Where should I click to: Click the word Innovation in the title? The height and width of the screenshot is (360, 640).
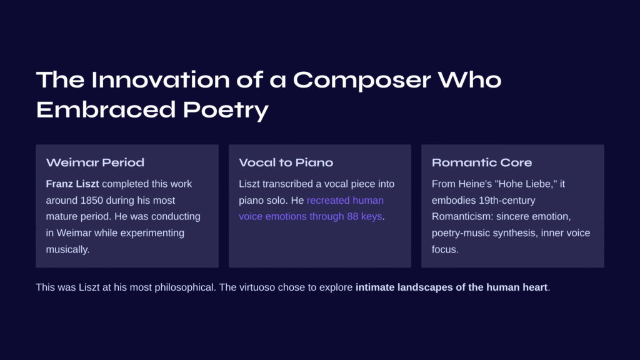(x=161, y=79)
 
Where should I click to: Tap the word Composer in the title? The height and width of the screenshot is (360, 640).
(x=362, y=81)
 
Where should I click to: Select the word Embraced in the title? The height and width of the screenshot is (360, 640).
(x=106, y=109)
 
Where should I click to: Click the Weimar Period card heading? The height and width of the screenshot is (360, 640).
(x=95, y=162)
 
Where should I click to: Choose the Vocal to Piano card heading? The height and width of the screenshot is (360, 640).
(x=286, y=162)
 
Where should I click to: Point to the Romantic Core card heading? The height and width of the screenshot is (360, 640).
(x=482, y=162)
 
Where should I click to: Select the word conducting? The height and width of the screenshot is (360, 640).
(x=176, y=217)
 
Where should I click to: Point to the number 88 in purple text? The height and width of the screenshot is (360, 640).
(x=352, y=217)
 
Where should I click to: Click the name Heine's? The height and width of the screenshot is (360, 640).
(x=475, y=184)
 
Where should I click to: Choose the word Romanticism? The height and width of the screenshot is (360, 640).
(x=462, y=217)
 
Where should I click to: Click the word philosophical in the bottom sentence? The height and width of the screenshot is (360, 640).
(x=184, y=287)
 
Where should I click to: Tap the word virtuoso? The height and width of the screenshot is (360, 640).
(x=257, y=287)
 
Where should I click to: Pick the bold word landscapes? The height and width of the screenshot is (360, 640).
(x=425, y=287)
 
